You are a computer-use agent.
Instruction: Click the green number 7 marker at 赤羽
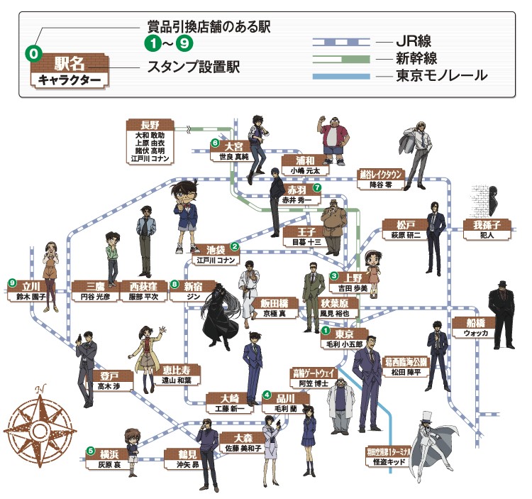coord(317,189)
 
